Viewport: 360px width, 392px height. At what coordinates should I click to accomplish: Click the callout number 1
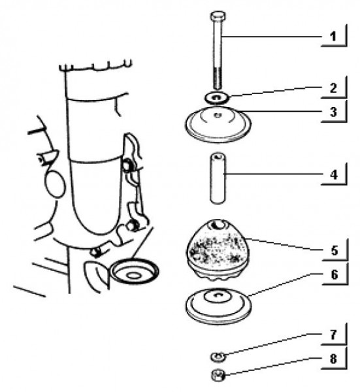coord(333,37)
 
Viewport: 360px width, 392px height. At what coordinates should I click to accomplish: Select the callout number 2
coord(333,88)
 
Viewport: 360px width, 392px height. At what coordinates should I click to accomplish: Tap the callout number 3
coord(333,112)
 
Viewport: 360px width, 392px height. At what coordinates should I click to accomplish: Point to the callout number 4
coord(334,174)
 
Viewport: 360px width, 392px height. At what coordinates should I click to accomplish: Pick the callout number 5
coord(335,250)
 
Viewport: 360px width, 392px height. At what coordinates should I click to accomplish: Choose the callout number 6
coord(335,274)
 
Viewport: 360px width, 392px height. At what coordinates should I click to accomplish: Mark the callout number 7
coord(333,335)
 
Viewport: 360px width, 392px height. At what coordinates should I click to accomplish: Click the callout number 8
coord(333,359)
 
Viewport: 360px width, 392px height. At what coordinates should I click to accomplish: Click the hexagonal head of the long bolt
coord(218,16)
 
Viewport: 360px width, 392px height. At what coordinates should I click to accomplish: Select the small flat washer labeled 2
coord(216,97)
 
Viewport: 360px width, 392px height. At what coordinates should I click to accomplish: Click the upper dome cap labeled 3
coord(218,124)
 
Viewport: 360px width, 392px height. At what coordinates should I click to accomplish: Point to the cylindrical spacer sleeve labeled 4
coord(218,178)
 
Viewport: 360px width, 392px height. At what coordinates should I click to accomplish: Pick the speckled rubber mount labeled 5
coord(218,250)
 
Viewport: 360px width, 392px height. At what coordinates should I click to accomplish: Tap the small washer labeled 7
coord(218,357)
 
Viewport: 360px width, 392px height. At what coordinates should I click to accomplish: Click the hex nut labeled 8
coord(218,376)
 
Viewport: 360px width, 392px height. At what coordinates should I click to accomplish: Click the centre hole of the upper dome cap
coord(218,115)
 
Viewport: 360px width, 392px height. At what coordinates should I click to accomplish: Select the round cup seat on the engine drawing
coord(135,272)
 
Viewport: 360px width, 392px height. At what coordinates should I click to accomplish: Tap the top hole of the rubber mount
coord(218,225)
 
